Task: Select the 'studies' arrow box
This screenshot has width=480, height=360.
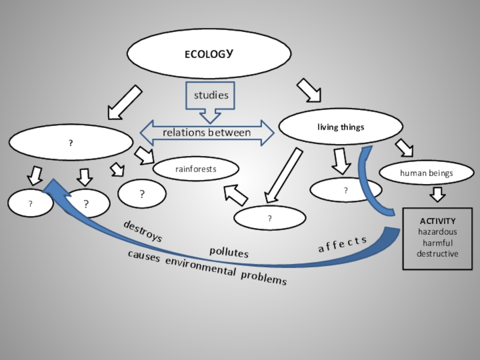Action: coord(211,96)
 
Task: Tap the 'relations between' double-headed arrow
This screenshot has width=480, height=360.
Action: coord(207,133)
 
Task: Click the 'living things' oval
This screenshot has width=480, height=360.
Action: coord(341,127)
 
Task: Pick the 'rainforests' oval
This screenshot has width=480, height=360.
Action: coord(196,170)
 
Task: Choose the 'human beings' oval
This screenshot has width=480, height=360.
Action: coord(427,173)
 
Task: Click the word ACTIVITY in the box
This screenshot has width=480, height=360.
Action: coord(437,221)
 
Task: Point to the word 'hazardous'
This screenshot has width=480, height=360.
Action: coord(437,232)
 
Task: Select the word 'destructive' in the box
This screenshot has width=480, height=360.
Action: coord(437,254)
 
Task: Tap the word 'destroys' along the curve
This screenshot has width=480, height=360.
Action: coord(143,231)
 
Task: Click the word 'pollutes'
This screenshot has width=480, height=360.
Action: coord(229,253)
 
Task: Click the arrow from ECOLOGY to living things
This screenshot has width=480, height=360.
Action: coord(308,90)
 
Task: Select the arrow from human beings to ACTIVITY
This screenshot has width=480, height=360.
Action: coord(438,194)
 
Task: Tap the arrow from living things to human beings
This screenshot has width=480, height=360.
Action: coord(404,148)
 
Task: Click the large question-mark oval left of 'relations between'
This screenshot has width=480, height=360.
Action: coord(71,143)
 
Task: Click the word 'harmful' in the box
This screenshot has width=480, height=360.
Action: coord(437,243)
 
